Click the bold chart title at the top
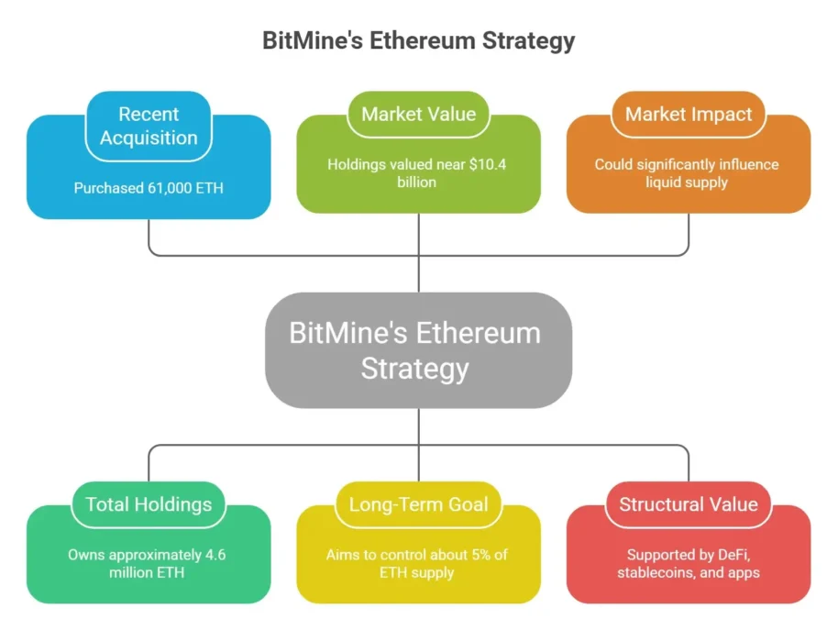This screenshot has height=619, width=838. [x=418, y=41]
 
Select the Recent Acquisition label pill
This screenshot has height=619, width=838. [x=149, y=127]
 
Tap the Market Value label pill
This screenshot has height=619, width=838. [x=418, y=115]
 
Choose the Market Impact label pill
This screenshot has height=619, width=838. [x=688, y=115]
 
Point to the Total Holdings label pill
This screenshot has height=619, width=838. [x=149, y=504]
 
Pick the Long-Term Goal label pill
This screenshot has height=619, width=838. [x=418, y=504]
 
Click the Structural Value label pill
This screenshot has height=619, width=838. [x=688, y=504]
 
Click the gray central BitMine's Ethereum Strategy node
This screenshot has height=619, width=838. [x=418, y=349]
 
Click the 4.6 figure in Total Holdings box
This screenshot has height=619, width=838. [x=215, y=555]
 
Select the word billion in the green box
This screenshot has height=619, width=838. [x=418, y=182]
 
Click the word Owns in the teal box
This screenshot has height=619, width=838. [x=84, y=555]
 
